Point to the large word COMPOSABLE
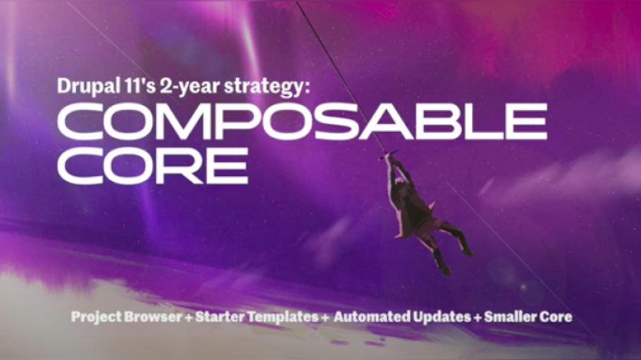point(302,122)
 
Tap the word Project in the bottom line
point(96,317)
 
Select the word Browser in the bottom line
point(153,317)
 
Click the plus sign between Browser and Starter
point(188,318)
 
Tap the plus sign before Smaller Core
point(477,318)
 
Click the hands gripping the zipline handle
point(392,159)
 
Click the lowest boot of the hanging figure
point(444,269)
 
